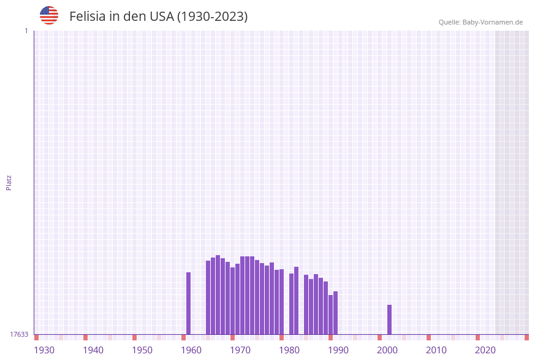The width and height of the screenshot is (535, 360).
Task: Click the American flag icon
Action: [49, 15]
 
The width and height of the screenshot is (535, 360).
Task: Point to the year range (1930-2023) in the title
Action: [212, 17]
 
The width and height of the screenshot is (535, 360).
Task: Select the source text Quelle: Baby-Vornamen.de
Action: [480, 22]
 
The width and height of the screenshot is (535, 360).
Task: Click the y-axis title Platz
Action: [9, 182]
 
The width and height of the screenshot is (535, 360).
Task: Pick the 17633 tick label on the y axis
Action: [19, 334]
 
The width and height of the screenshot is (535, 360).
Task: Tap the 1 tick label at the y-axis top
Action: [26, 31]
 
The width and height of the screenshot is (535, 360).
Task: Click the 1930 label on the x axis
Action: [44, 350]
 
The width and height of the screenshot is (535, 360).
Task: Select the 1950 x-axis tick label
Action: [142, 350]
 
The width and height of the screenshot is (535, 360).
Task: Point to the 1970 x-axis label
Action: [240, 350]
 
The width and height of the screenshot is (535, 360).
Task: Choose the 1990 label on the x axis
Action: [338, 350]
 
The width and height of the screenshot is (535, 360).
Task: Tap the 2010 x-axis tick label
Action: [436, 350]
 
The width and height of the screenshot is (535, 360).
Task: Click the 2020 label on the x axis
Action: [485, 350]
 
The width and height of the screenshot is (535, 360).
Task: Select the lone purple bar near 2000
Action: [389, 320]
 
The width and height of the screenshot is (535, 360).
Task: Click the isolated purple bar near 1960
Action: [189, 303]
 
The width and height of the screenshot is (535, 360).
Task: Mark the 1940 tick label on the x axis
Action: [93, 350]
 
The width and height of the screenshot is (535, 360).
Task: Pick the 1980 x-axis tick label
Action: [289, 350]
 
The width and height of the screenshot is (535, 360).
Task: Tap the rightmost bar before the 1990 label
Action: [335, 313]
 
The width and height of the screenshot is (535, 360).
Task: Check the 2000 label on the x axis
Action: [387, 350]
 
